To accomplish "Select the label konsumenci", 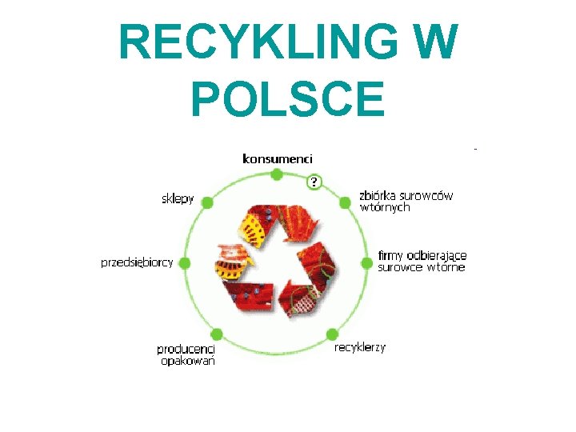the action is [x=278, y=158].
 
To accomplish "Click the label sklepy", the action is [x=178, y=198].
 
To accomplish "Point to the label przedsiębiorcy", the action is [x=137, y=262].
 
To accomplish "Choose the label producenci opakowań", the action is [x=186, y=354].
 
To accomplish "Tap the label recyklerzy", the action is [x=360, y=347].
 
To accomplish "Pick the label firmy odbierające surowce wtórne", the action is [x=422, y=261].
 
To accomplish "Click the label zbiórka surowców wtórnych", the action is [x=406, y=201].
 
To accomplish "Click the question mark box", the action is [x=314, y=182].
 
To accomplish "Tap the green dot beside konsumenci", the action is [x=277, y=174].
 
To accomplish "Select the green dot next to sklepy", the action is [x=207, y=203].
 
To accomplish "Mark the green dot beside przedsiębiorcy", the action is [x=184, y=262].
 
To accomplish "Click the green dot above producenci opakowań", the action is [x=216, y=334].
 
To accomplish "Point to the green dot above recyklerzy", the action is [x=330, y=334].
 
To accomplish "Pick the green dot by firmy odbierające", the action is [x=367, y=261].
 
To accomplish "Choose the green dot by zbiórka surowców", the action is [x=346, y=202].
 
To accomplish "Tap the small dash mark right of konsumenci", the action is [x=475, y=150].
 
